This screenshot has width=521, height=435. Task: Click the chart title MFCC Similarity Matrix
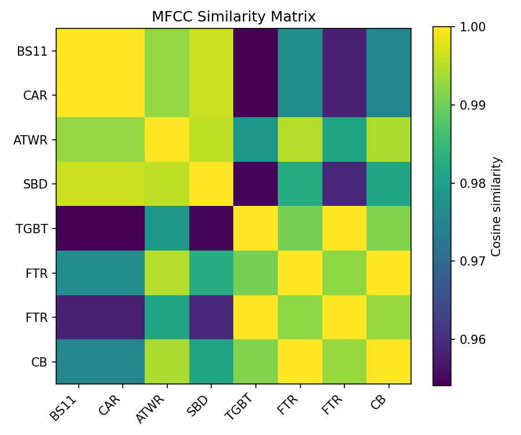pos(233,17)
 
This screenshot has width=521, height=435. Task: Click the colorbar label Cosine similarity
pos(496,206)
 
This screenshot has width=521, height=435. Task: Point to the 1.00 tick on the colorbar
pos(472,27)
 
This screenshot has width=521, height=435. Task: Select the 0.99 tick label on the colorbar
pos(472,105)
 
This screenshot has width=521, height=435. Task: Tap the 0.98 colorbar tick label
pos(472,183)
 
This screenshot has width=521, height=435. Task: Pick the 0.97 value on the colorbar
pos(472,261)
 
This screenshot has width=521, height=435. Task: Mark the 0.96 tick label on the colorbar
pos(472,339)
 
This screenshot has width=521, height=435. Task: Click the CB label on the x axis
pos(380,401)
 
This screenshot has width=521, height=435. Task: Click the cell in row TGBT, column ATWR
pos(167,229)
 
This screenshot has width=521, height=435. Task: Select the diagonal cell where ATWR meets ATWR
pos(167,140)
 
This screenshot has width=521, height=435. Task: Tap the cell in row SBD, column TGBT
pos(255,184)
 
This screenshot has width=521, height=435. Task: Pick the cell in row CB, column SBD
pos(211,362)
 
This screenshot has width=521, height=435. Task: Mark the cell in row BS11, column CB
pos(388,51)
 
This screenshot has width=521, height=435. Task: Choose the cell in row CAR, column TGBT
pos(255,95)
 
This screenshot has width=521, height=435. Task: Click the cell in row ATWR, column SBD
pos(211,140)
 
